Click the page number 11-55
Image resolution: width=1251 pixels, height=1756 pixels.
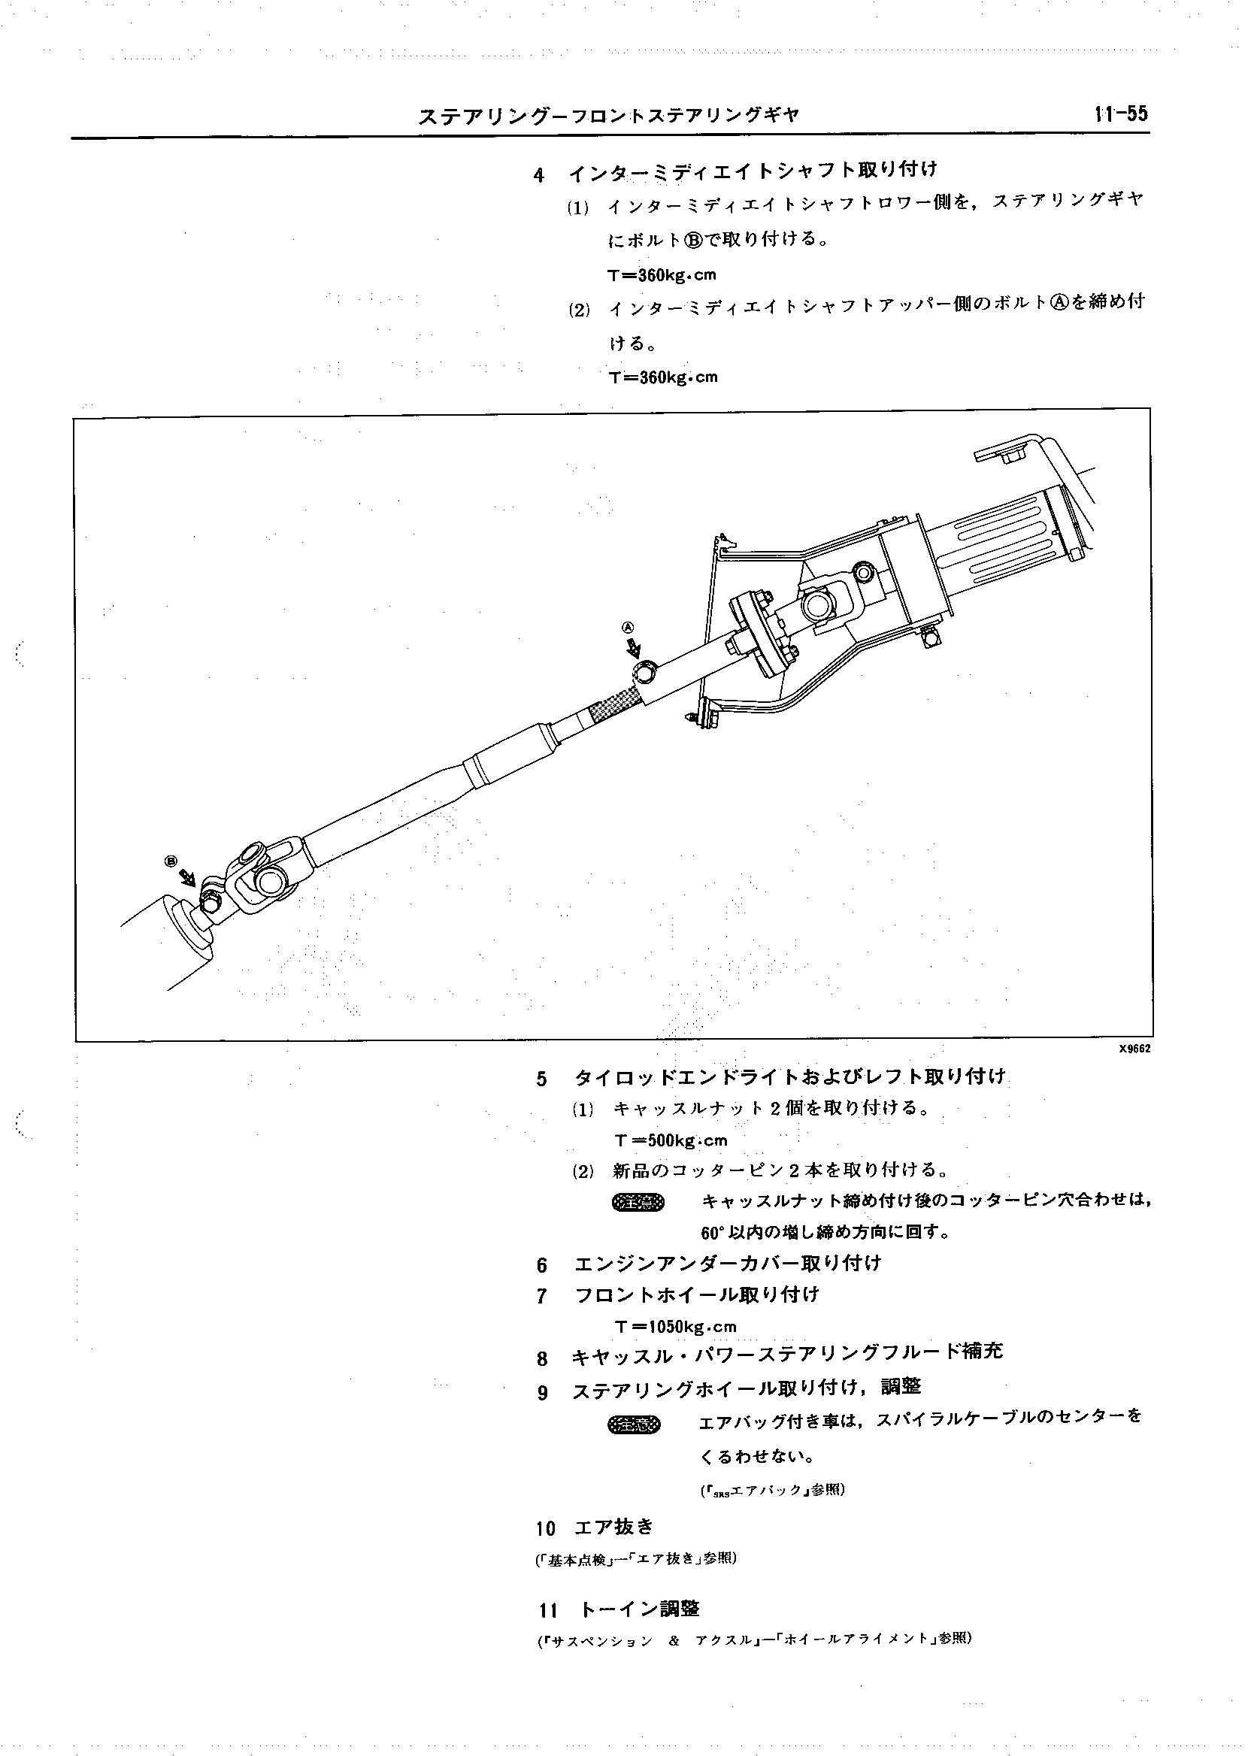pos(1119,114)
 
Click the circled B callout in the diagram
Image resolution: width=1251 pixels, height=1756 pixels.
pos(171,860)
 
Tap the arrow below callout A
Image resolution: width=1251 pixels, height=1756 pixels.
pos(633,647)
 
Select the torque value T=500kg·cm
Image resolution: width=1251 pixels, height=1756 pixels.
pos(670,1140)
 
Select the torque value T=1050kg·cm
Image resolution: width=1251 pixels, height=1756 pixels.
pos(676,1326)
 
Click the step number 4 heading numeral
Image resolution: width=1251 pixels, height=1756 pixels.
pos(538,176)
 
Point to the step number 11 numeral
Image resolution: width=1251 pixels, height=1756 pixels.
pos(548,1609)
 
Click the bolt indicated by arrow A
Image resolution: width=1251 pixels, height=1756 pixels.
pos(644,673)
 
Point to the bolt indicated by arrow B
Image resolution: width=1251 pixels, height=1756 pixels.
pos(210,900)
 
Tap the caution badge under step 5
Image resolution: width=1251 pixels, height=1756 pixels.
pos(637,1202)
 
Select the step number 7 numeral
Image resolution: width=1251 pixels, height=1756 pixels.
pos(542,1297)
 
